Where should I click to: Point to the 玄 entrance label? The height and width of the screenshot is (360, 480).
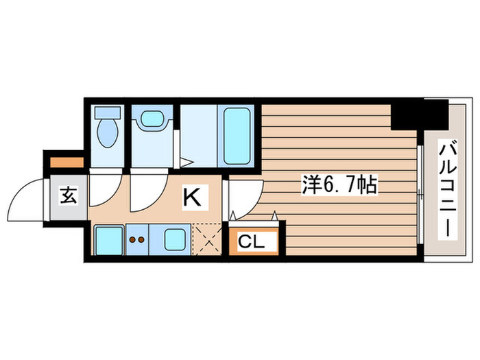[x=67, y=196]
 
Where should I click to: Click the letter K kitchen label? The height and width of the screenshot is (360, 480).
[x=191, y=198]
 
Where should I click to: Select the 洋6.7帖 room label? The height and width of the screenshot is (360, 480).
[x=340, y=184]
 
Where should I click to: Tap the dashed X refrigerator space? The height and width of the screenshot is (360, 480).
[x=206, y=239]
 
